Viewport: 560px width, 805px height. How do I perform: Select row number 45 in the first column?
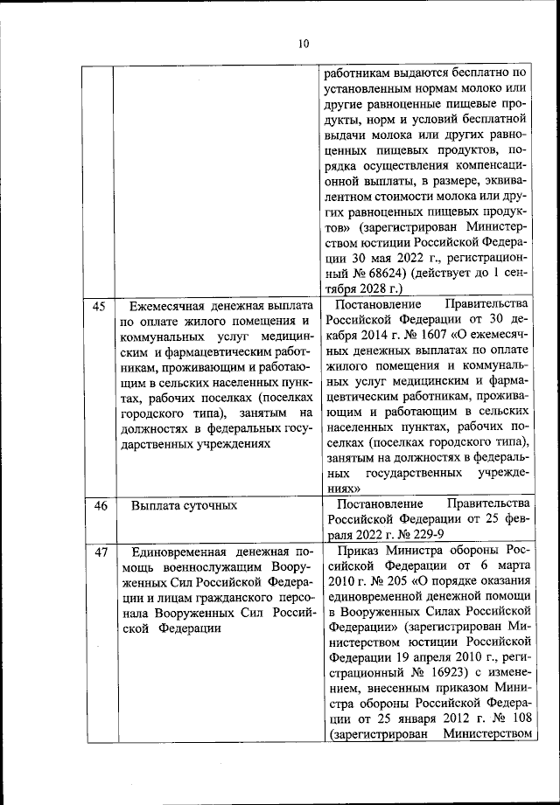(x=99, y=307)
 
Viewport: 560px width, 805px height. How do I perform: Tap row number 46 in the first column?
(x=99, y=505)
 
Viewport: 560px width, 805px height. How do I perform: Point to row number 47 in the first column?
(x=99, y=552)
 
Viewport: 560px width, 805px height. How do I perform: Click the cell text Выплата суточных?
(x=184, y=505)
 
